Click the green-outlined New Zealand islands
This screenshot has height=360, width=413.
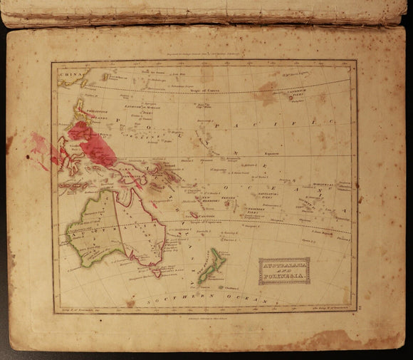pos(211,263)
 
